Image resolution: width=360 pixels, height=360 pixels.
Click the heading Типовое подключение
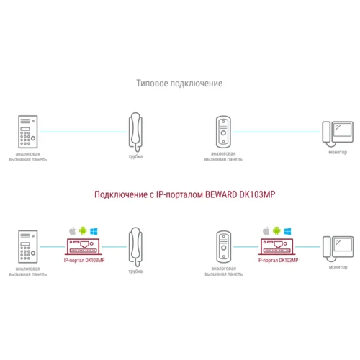point(179,84)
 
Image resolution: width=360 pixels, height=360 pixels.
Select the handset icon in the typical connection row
point(135,131)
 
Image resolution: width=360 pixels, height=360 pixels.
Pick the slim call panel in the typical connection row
point(223,131)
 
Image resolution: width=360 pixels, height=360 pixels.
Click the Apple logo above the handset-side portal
point(72,230)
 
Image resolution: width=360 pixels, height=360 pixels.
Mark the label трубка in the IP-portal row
point(135,271)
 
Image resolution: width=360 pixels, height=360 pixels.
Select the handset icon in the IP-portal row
point(135,247)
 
